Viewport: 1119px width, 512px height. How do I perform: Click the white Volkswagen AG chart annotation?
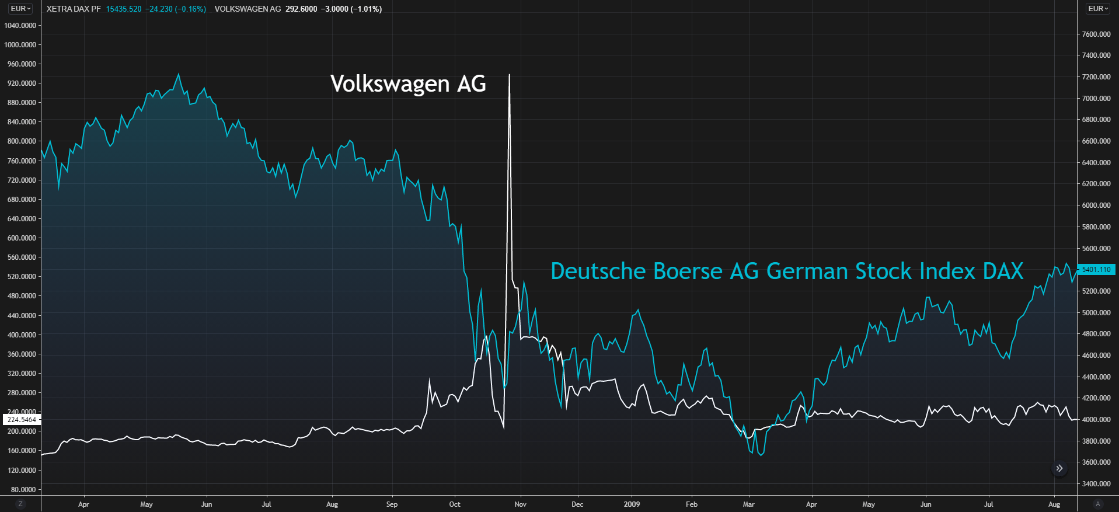click(408, 84)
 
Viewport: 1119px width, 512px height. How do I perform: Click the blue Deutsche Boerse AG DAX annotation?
click(787, 271)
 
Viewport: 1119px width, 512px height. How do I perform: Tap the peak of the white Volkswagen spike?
click(510, 75)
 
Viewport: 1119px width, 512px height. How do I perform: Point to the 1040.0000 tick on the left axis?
click(20, 26)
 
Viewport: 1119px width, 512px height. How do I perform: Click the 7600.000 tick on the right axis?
click(1096, 34)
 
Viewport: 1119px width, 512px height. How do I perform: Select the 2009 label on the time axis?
click(632, 504)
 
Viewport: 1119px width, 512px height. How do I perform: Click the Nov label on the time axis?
click(520, 504)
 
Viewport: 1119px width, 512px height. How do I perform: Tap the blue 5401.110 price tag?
click(1096, 270)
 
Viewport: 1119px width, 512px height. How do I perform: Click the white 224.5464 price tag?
click(22, 420)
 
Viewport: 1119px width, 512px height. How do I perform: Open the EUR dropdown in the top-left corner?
click(20, 9)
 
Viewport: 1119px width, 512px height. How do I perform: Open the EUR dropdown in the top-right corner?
click(1098, 9)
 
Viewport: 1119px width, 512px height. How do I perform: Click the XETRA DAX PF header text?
click(74, 9)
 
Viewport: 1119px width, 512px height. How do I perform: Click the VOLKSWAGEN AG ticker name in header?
click(247, 9)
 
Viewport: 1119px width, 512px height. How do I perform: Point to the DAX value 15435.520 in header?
click(124, 9)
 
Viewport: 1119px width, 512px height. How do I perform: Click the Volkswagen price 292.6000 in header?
click(301, 9)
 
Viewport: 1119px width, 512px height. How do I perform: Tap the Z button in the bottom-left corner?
click(20, 504)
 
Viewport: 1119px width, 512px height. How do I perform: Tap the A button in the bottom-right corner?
click(1098, 504)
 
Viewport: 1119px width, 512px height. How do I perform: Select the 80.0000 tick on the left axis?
click(23, 490)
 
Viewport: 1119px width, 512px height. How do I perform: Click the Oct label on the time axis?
click(455, 504)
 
